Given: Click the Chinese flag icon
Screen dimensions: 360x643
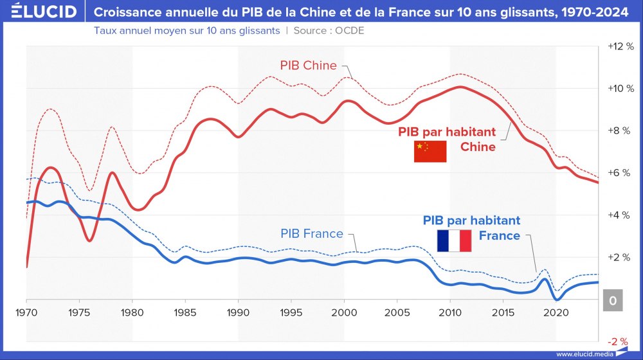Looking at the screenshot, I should [430, 151].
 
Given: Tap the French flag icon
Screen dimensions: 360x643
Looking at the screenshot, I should [454, 240].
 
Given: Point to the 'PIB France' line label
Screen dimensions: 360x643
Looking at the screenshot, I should [312, 233].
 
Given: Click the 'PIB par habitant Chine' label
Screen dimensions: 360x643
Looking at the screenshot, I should [448, 139].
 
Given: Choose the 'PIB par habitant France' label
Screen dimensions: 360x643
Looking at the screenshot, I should [472, 228].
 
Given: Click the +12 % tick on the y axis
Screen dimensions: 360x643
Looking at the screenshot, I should [619, 46].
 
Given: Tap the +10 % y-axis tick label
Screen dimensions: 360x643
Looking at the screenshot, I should [619, 89].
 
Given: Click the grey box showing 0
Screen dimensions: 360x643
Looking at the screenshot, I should [613, 300].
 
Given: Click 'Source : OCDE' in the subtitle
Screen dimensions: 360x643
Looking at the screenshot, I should [329, 30].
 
